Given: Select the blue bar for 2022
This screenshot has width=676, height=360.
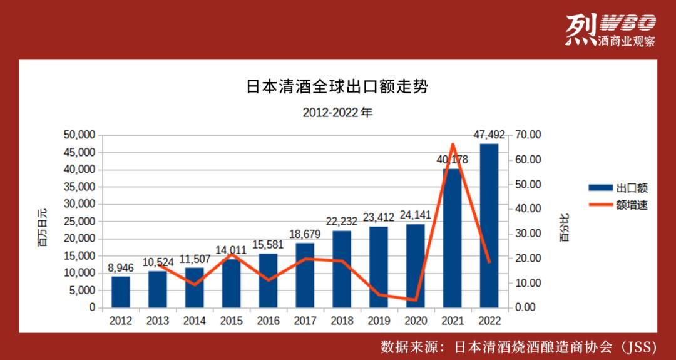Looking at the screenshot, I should tap(489, 225).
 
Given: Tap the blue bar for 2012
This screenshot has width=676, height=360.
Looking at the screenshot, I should tap(121, 292).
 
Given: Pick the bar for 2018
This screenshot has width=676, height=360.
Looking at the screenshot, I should tap(342, 269).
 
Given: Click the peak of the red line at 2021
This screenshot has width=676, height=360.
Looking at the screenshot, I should tap(453, 144).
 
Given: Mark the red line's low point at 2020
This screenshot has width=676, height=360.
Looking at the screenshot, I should tap(416, 300).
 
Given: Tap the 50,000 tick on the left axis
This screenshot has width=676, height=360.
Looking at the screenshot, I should tap(79, 135).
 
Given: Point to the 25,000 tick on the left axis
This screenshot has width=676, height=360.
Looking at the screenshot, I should tap(79, 222).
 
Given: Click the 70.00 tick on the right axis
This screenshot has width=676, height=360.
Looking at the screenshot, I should tap(528, 135).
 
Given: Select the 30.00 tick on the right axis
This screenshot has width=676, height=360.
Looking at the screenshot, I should tap(528, 234).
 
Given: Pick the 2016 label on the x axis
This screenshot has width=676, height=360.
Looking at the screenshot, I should tap(268, 321).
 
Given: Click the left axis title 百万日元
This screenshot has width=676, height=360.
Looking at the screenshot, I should tap(43, 226).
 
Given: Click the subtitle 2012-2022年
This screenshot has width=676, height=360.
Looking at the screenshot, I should tap(337, 113).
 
